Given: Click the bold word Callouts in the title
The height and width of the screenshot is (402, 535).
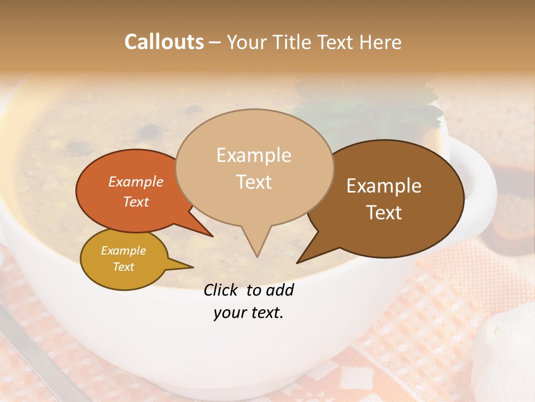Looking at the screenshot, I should [164, 42].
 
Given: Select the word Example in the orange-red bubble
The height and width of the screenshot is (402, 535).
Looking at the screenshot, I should [136, 181].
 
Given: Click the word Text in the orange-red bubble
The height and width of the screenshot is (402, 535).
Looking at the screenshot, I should [136, 202].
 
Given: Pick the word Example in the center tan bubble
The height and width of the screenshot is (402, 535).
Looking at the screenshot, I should [254, 155].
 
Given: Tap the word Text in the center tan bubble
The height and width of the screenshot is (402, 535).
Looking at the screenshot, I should [254, 182].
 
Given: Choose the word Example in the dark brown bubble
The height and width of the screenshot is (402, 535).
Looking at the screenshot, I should [384, 186].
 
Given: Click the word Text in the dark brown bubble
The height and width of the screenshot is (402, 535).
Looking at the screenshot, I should [384, 213].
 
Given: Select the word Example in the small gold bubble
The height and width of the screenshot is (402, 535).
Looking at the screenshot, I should [123, 251].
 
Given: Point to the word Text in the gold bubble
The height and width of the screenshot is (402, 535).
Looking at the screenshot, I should [123, 267].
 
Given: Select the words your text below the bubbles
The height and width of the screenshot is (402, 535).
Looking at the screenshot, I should [249, 313].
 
